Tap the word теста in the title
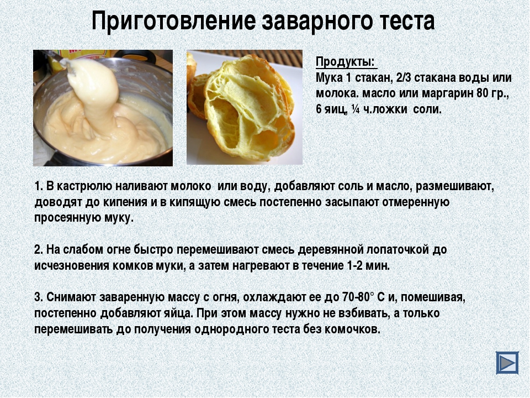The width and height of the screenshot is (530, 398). click(400, 21)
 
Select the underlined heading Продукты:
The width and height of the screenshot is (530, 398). click(345, 62)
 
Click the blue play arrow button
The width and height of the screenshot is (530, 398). click(507, 363)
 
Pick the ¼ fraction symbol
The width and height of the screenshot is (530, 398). click(355, 109)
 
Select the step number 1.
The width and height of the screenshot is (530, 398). click(38, 186)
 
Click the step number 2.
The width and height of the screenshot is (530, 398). click(39, 250)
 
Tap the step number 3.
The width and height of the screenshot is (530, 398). click(39, 297)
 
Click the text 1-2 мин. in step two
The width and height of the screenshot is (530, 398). click(368, 266)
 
